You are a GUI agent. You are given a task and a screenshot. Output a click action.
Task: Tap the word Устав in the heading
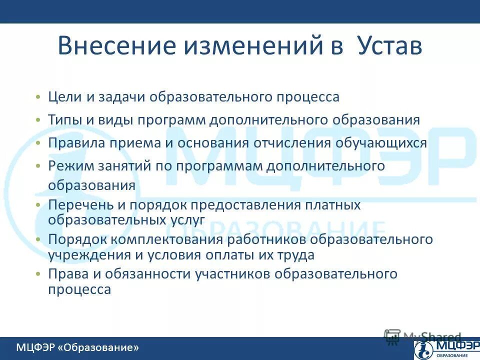(390, 46)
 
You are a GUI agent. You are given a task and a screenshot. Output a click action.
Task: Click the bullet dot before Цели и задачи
(38, 97)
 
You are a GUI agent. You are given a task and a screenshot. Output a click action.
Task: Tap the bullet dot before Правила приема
(38, 143)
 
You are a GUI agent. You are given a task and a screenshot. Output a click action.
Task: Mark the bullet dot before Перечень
(38, 205)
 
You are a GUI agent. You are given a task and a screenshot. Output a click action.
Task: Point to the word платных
(333, 205)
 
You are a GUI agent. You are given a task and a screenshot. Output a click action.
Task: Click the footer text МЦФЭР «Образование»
(77, 347)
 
